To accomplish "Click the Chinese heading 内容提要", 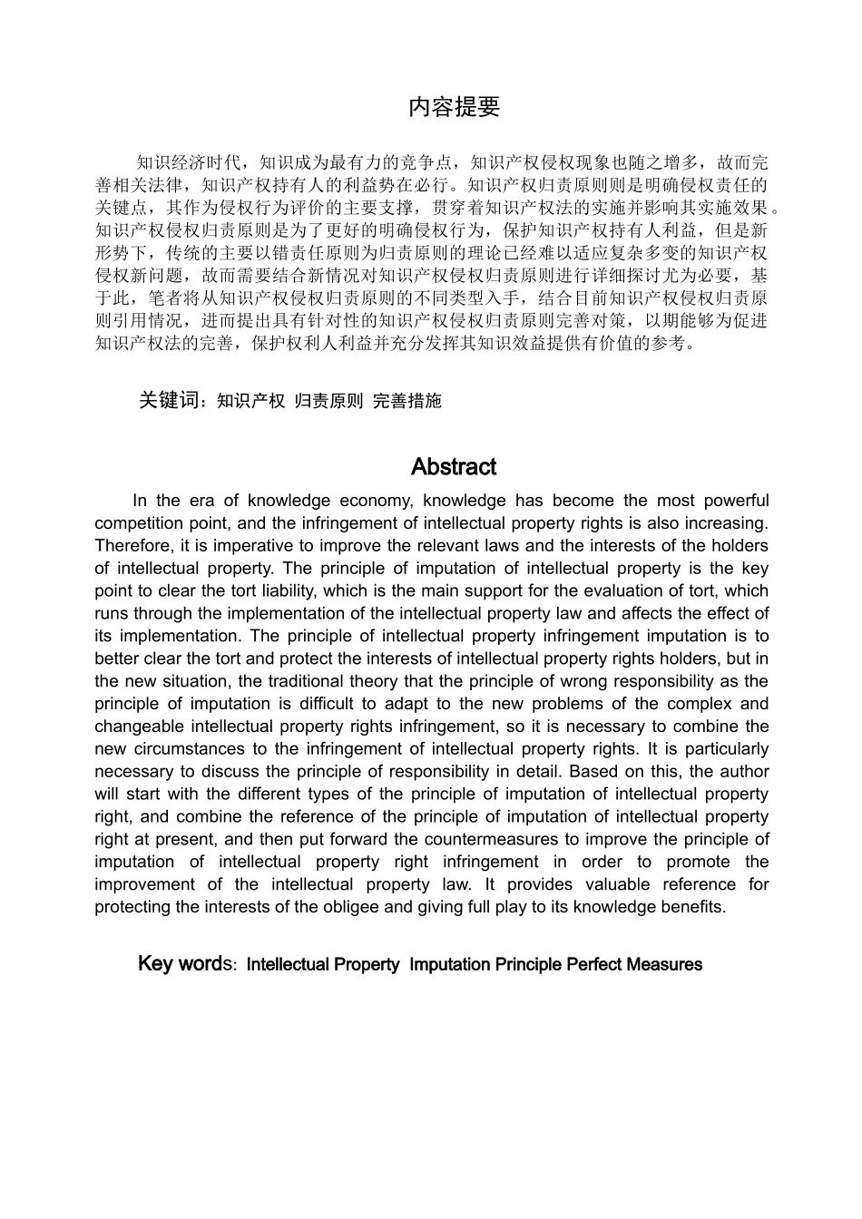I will [454, 107].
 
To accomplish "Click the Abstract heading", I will [453, 467].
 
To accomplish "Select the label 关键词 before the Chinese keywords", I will [169, 400].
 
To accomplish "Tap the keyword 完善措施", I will [407, 401].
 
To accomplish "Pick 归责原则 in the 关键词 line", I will [328, 401].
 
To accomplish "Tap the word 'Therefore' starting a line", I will [132, 546].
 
